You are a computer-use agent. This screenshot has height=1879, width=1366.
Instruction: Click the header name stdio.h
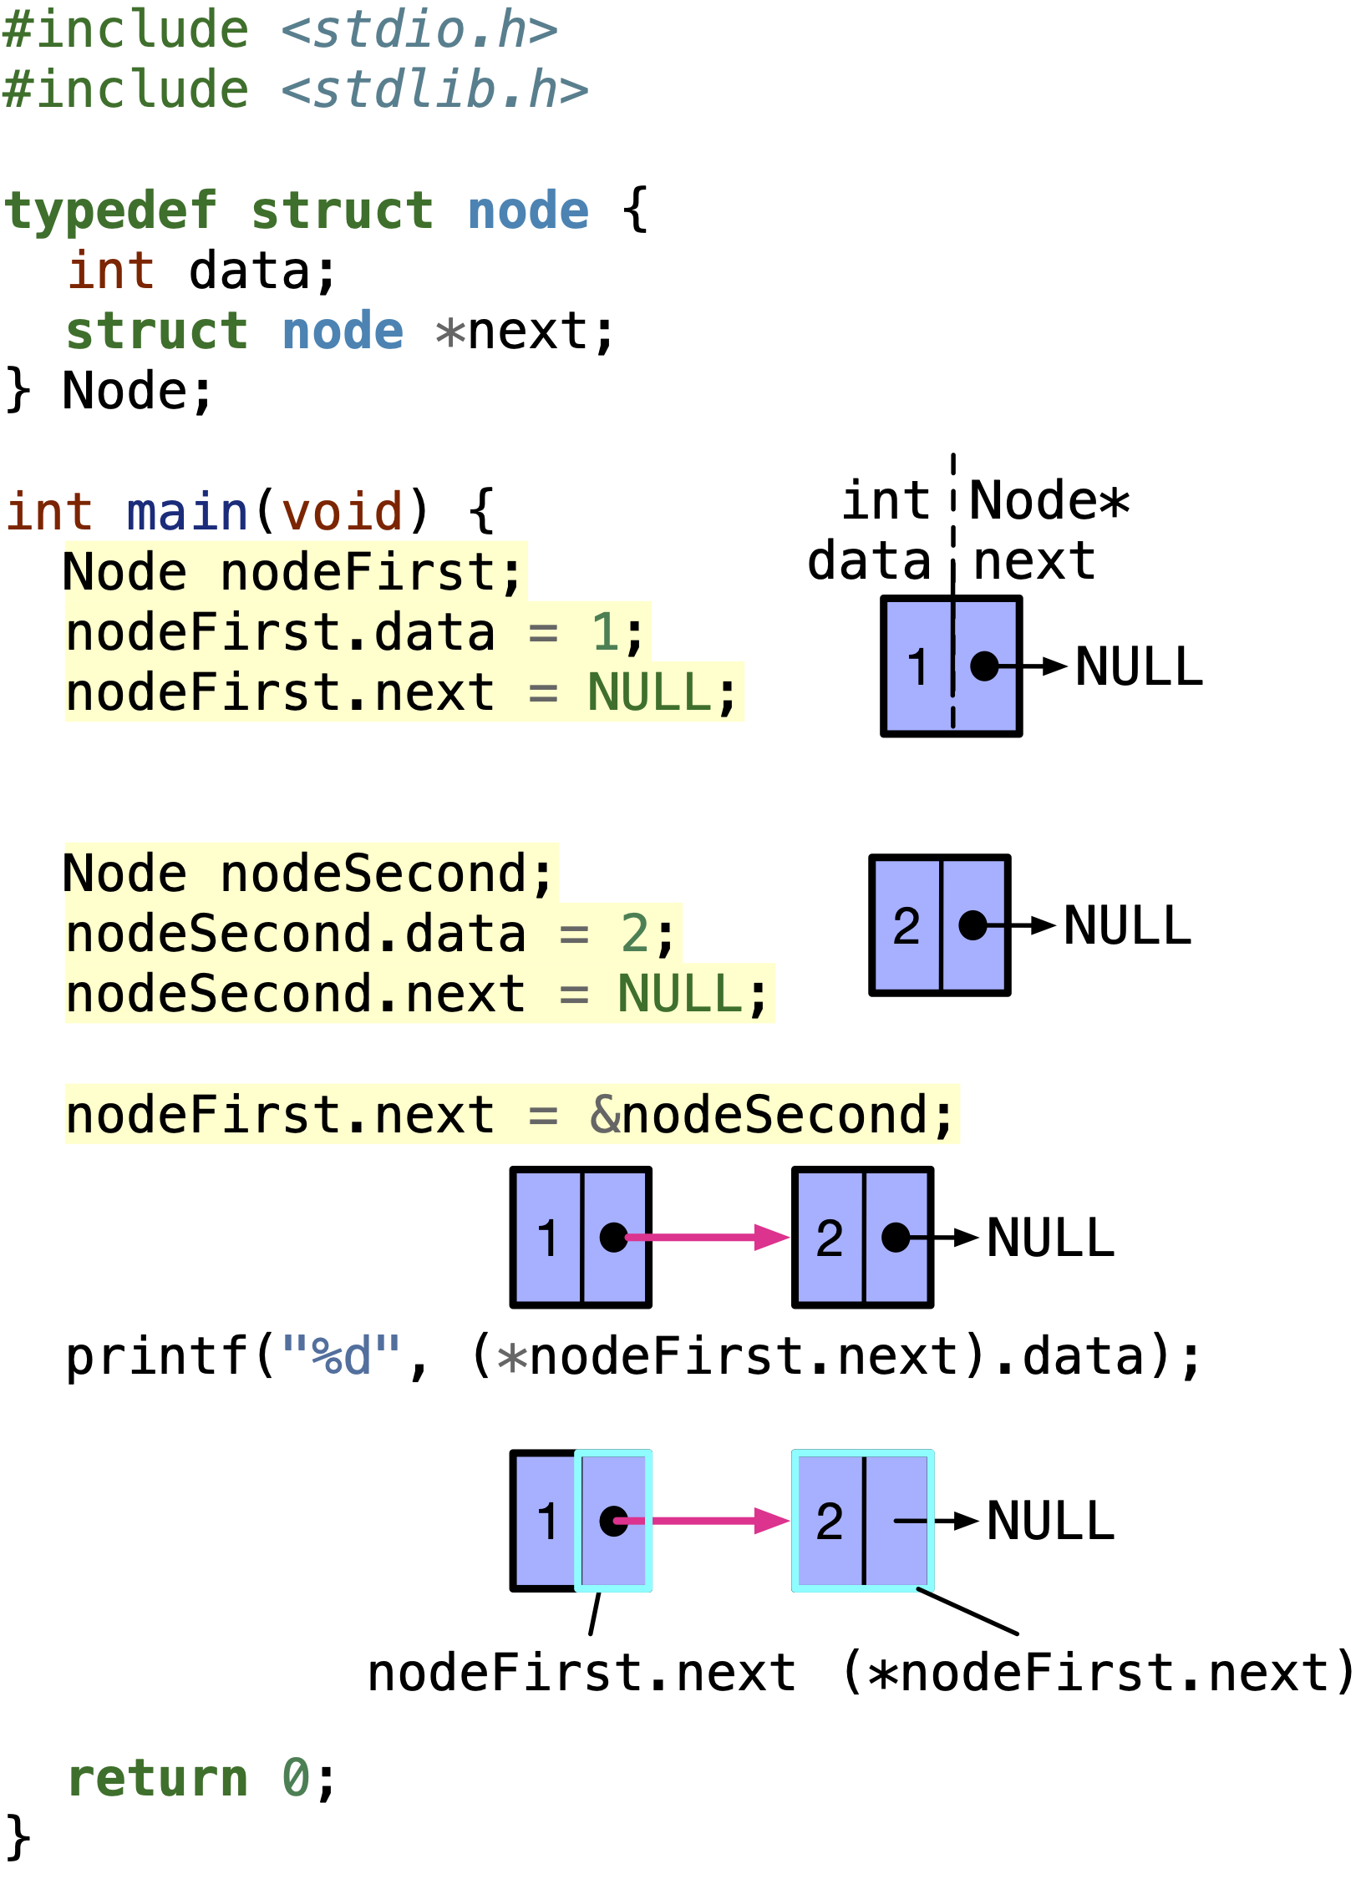(419, 31)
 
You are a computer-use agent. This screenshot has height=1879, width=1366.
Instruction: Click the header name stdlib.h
(434, 91)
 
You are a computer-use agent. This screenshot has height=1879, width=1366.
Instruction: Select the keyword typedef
(110, 210)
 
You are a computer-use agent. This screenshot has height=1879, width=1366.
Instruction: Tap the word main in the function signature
(186, 512)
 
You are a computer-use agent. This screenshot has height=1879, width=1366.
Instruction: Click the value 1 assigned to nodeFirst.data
(605, 632)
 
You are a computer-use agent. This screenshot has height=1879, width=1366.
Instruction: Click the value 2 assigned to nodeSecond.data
(635, 934)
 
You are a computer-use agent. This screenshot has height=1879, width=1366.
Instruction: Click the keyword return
(157, 1778)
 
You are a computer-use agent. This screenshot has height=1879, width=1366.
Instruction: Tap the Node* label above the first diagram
(1049, 501)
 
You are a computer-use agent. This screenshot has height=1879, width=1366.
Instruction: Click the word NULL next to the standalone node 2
(1127, 926)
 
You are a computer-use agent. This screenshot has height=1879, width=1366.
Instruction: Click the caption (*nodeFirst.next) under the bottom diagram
(1098, 1673)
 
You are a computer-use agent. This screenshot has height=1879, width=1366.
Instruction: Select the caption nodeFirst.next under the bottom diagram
(581, 1674)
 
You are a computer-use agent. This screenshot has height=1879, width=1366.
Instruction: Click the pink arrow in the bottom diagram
(710, 1521)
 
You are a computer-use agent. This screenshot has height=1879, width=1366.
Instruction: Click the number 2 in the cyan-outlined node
(829, 1521)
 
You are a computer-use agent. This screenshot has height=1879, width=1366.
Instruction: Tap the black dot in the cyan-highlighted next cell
(613, 1520)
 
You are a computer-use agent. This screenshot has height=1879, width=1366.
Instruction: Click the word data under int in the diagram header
(869, 560)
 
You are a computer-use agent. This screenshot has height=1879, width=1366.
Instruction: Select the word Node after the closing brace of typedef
(125, 391)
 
